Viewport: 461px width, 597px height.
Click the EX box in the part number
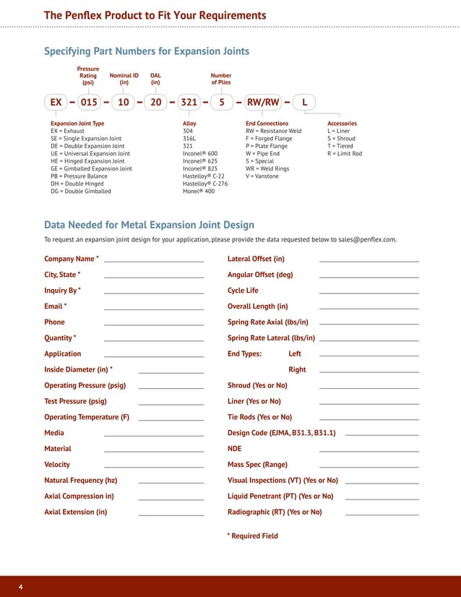pos(56,103)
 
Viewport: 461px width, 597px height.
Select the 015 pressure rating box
pos(89,103)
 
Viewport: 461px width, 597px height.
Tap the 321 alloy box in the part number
pos(189,103)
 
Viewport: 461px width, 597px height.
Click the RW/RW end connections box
pos(263,103)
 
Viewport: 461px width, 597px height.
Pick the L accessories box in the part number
pos(305,103)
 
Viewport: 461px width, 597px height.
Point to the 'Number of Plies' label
pos(221,79)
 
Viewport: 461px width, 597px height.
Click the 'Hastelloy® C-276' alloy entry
pos(205,184)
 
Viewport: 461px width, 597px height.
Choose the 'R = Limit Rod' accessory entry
pos(345,153)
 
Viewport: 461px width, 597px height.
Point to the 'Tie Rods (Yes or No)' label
pos(259,417)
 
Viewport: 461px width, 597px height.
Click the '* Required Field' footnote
pos(252,536)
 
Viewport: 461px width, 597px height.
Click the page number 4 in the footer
pos(20,586)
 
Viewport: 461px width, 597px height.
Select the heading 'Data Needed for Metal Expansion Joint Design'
pos(149,225)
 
